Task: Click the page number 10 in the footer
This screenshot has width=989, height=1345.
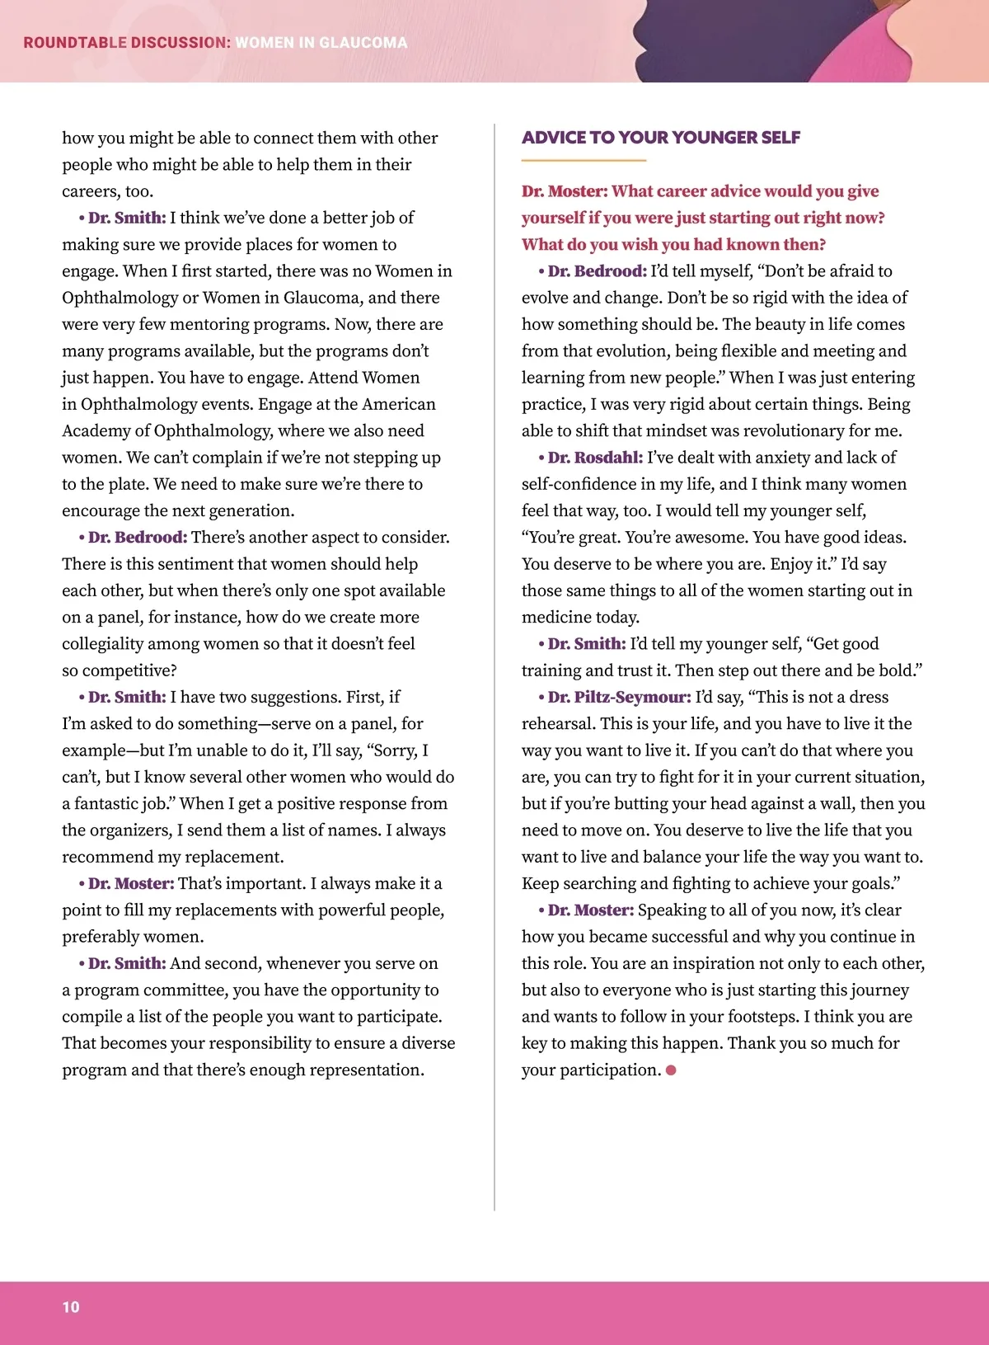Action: (71, 1306)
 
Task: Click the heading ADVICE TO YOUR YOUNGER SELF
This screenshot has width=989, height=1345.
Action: (661, 138)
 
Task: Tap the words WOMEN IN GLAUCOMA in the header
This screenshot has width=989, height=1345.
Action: (321, 43)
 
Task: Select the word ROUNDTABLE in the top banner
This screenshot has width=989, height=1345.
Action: (75, 43)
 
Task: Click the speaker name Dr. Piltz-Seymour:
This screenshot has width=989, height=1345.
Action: (619, 697)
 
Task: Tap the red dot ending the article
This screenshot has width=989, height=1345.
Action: (671, 1070)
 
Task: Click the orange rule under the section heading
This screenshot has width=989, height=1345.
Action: (584, 160)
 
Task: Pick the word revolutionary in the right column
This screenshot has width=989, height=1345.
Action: (788, 430)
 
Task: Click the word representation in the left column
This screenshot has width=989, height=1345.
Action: (355, 1070)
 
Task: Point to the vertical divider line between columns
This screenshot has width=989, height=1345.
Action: (494, 660)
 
